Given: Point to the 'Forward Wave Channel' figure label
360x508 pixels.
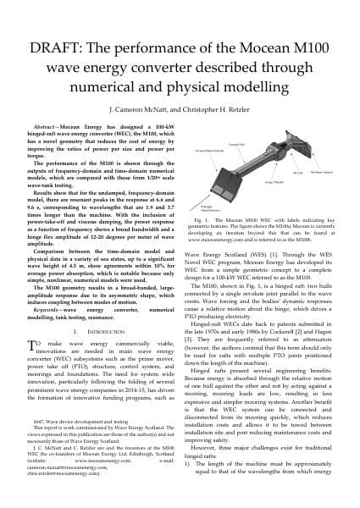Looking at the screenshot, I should (x=216, y=126).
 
